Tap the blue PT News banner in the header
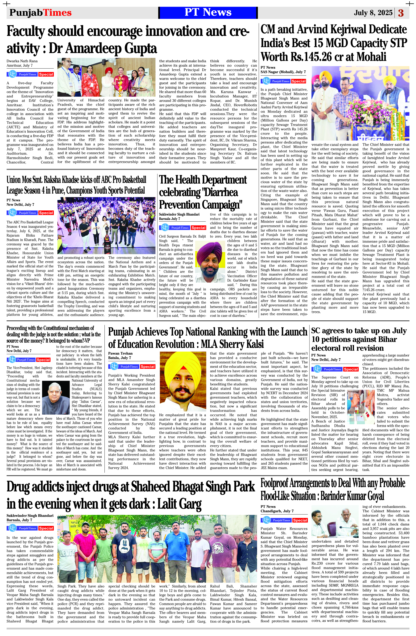pyautogui.click(x=208, y=12)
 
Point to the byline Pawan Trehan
pyautogui.click(x=120, y=353)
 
